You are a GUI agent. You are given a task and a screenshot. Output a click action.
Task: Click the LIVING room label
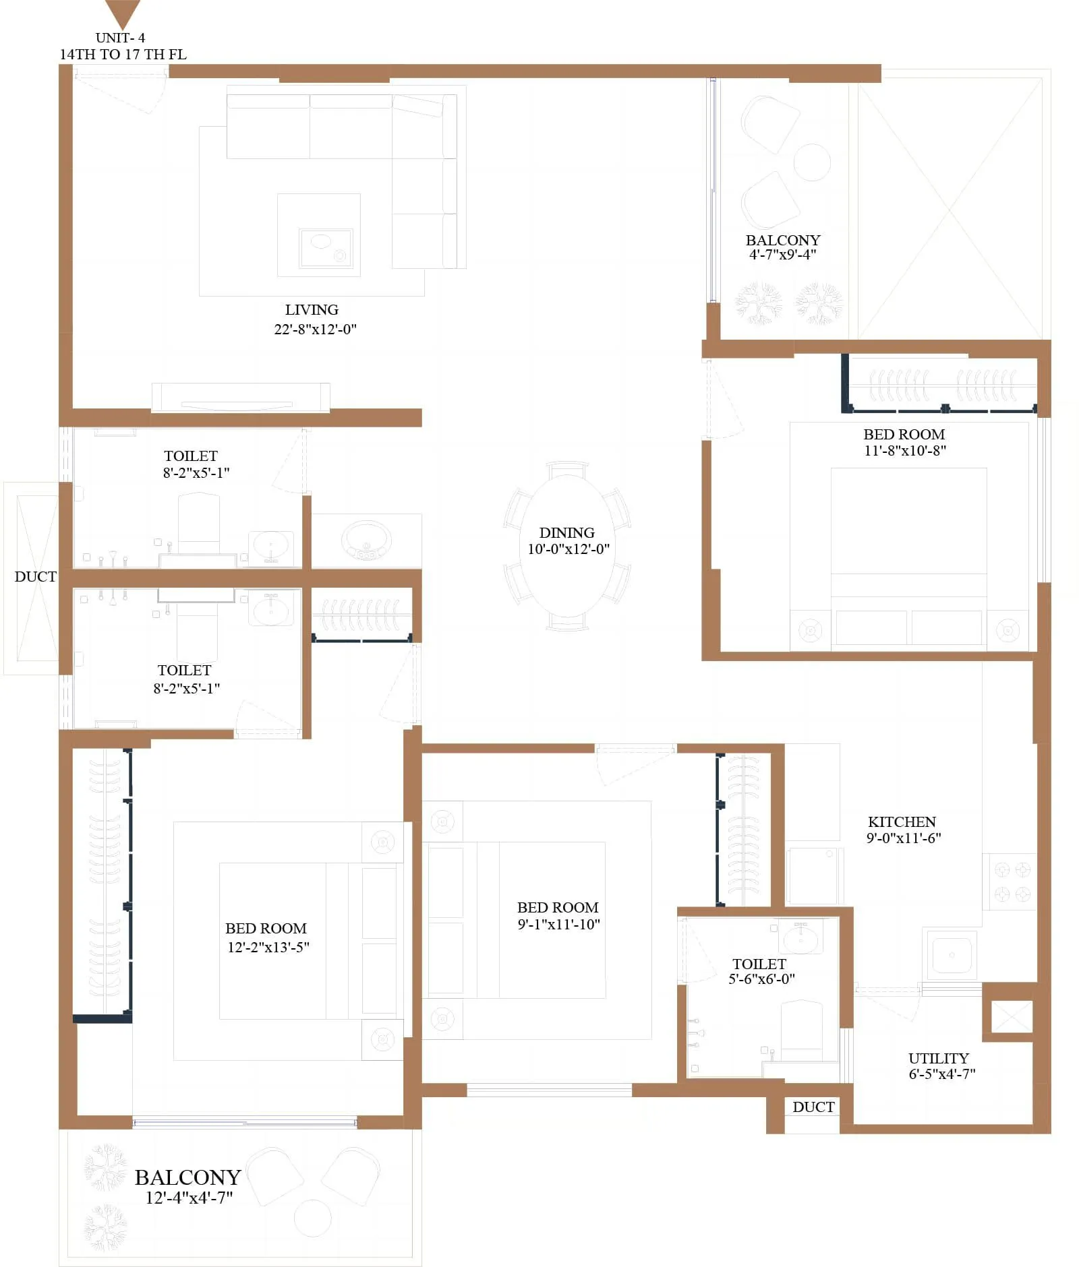tap(312, 310)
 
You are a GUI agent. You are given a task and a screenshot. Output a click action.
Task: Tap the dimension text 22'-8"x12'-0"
tap(315, 329)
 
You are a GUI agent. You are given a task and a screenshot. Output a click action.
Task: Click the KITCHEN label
tap(902, 822)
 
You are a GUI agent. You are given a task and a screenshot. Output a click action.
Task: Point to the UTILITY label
tap(938, 1058)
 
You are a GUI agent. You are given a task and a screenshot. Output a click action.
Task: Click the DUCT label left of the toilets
tap(35, 576)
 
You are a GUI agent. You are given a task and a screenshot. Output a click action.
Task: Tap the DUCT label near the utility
tap(813, 1107)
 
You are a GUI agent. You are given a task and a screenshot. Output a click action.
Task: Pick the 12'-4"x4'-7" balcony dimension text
tap(189, 1198)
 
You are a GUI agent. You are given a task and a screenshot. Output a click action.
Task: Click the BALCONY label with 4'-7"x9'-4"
tap(782, 240)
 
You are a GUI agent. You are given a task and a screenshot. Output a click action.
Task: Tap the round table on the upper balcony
tap(811, 162)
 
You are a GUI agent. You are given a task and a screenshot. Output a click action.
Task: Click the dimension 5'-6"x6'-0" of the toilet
tap(761, 979)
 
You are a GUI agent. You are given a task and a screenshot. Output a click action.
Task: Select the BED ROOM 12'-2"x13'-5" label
tap(266, 928)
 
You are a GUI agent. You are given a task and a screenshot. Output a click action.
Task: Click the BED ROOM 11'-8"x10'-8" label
tap(904, 435)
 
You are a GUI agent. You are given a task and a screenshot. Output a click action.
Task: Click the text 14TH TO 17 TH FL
tap(123, 55)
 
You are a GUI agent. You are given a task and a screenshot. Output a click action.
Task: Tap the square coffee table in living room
tap(318, 235)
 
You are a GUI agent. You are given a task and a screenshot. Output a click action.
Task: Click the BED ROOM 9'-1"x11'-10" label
tap(558, 907)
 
